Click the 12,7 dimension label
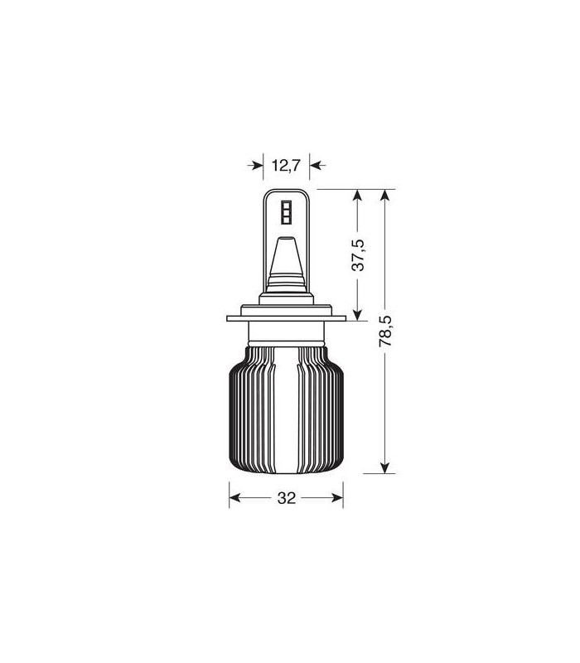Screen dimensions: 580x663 286,165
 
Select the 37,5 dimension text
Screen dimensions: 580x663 358,255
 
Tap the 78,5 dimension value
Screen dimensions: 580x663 385,331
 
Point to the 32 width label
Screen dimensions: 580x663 286,498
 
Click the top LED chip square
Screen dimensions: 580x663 287,204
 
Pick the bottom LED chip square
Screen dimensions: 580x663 287,220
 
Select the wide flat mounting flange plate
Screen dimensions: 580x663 286,318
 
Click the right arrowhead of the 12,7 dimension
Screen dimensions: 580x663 317,165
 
